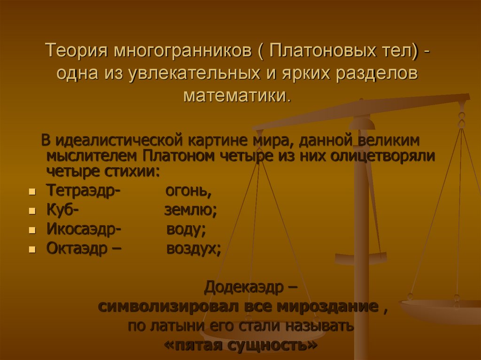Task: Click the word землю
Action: [190, 211]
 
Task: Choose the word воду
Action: [186, 230]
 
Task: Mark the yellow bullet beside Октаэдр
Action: [32, 250]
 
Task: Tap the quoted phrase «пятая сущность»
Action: [240, 345]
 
